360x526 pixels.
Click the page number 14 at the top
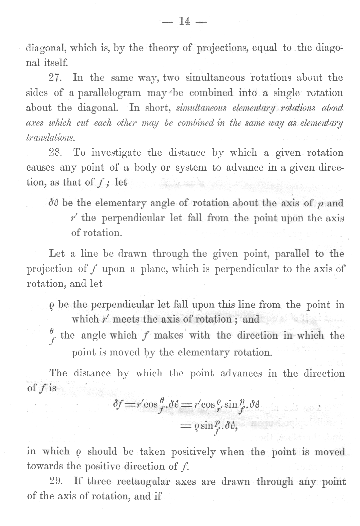pyautogui.click(x=184, y=22)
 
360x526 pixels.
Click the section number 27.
pyautogui.click(x=55, y=78)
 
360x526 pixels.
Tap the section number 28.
pyautogui.click(x=55, y=153)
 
